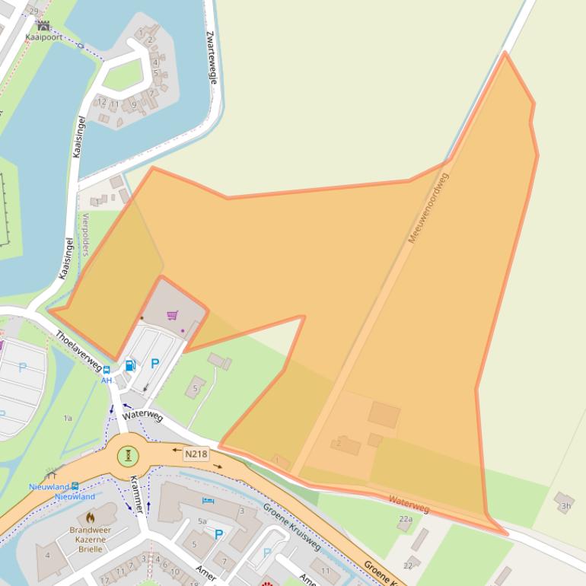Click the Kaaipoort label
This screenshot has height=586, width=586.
(x=43, y=37)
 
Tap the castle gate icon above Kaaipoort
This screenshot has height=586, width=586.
(x=43, y=26)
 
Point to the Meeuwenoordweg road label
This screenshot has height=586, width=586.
(x=428, y=209)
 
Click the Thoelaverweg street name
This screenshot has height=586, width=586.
(x=78, y=350)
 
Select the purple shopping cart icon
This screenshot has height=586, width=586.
(x=172, y=315)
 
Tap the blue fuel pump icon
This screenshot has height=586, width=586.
(x=130, y=365)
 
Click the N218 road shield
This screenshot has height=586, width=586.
(x=196, y=454)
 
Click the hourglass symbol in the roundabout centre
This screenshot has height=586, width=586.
(x=128, y=456)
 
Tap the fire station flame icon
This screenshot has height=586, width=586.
(x=91, y=518)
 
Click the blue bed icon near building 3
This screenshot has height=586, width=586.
(x=209, y=502)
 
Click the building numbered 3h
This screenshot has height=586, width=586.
(x=565, y=505)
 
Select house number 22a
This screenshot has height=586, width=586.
(x=406, y=520)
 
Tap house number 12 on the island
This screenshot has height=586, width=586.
(x=102, y=102)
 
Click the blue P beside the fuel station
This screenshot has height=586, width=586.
(x=155, y=364)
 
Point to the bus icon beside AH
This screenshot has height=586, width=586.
(x=107, y=370)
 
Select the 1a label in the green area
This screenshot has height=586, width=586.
(x=68, y=418)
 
